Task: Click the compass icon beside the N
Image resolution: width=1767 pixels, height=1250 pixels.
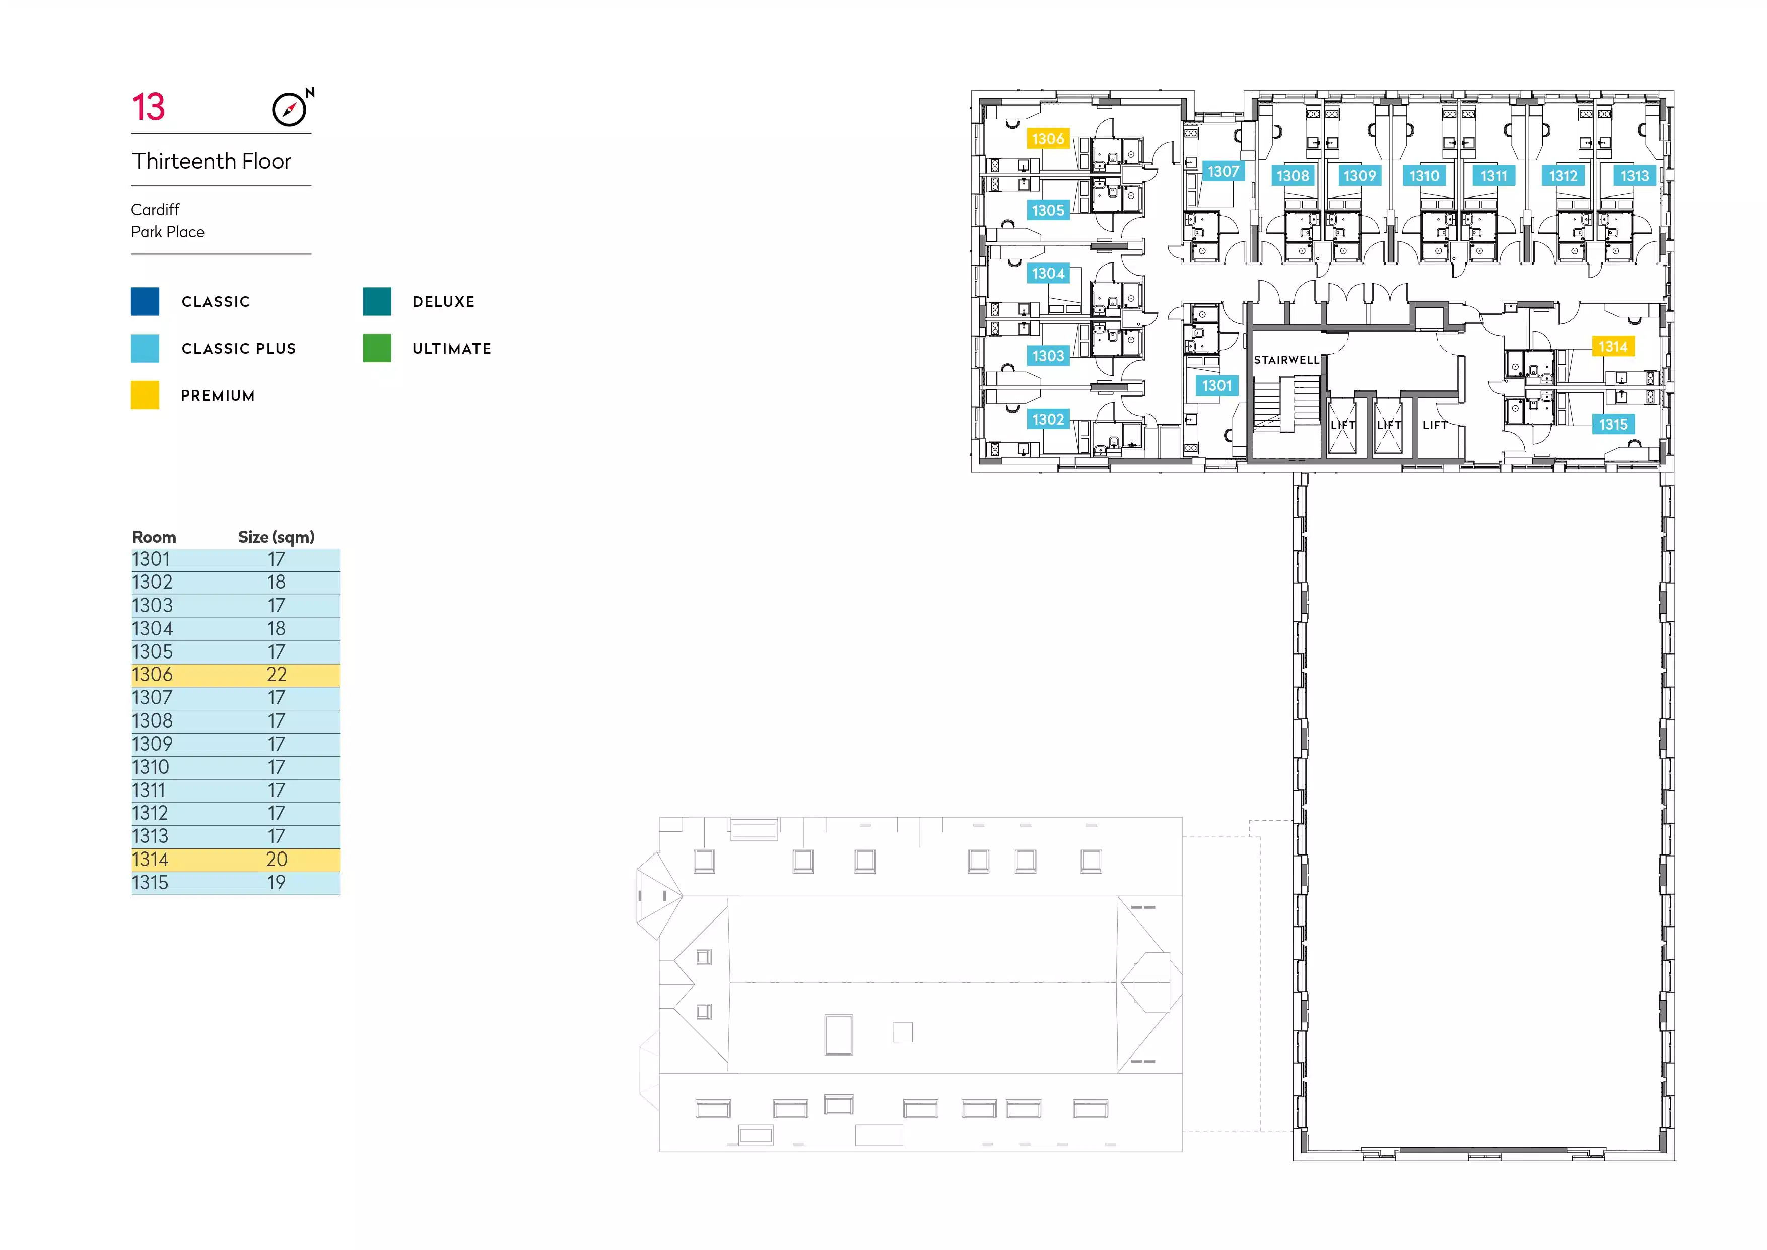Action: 289,109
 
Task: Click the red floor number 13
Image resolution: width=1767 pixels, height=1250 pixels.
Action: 149,107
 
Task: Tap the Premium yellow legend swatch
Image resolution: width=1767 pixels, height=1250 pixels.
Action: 146,395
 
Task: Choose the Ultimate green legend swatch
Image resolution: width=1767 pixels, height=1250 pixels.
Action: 377,348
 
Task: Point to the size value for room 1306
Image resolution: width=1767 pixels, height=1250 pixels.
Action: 277,675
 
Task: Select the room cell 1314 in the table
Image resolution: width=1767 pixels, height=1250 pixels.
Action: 150,860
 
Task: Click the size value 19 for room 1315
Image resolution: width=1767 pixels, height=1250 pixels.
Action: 277,883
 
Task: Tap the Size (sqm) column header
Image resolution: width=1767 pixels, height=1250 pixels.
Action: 277,537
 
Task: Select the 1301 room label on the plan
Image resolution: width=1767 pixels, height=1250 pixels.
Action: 1217,385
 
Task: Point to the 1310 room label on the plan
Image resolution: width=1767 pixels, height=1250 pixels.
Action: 1424,176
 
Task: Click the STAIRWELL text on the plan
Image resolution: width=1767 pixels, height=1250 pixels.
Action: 1287,359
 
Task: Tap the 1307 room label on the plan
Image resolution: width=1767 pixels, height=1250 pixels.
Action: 1223,172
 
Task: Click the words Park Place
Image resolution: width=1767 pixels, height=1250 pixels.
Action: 168,232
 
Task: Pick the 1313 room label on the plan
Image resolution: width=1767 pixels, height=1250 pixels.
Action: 1635,176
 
